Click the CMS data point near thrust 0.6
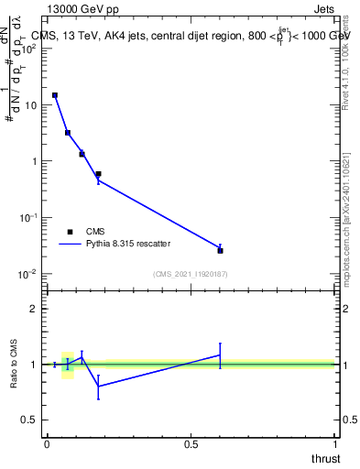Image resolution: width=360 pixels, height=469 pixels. tap(220, 250)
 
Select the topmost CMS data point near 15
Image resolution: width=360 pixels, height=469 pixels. tap(55, 95)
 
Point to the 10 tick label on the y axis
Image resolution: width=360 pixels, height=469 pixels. tap(29, 105)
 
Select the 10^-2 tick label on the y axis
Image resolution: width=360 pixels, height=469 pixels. tap(27, 274)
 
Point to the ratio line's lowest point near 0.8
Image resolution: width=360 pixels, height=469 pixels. tap(99, 387)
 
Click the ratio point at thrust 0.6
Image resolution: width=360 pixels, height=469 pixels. tap(220, 354)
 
